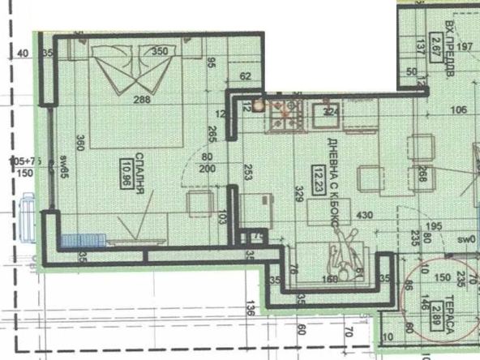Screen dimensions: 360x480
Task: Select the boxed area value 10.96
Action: pos(127,172)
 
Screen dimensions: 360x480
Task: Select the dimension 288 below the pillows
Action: pos(144,101)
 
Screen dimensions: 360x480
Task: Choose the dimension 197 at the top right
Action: pos(464,47)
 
